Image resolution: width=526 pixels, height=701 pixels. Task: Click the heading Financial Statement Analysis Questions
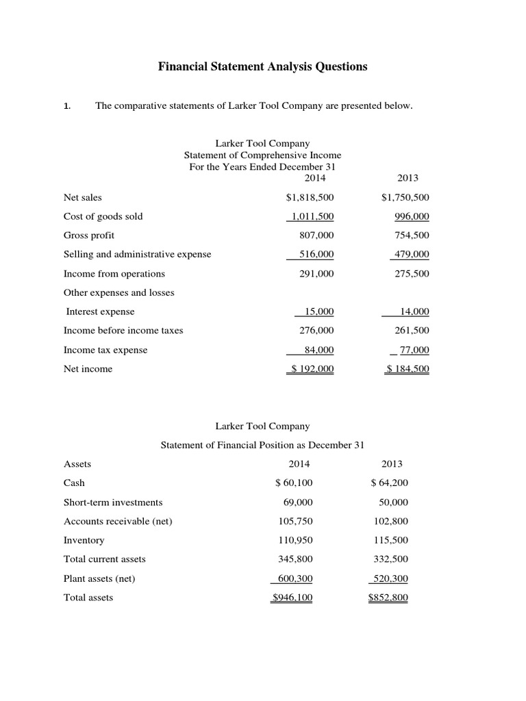point(263,66)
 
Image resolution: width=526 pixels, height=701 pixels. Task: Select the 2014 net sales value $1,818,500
point(310,197)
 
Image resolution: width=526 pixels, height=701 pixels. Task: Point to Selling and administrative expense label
point(137,254)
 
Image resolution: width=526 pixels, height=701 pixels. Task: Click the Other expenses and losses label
point(118,292)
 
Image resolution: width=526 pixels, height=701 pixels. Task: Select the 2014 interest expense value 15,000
point(318,311)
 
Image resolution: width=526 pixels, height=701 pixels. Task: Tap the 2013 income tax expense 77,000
point(413,350)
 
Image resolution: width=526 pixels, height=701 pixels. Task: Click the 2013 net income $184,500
point(408,369)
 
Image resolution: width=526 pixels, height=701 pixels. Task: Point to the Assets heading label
point(77,463)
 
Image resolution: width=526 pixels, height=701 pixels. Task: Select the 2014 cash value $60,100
point(293,483)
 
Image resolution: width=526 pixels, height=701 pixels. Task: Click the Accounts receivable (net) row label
point(118,521)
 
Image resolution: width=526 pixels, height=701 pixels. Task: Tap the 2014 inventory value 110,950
point(295,540)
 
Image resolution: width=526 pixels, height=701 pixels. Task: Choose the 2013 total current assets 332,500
point(390,559)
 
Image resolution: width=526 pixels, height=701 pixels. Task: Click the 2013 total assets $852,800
point(388,598)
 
